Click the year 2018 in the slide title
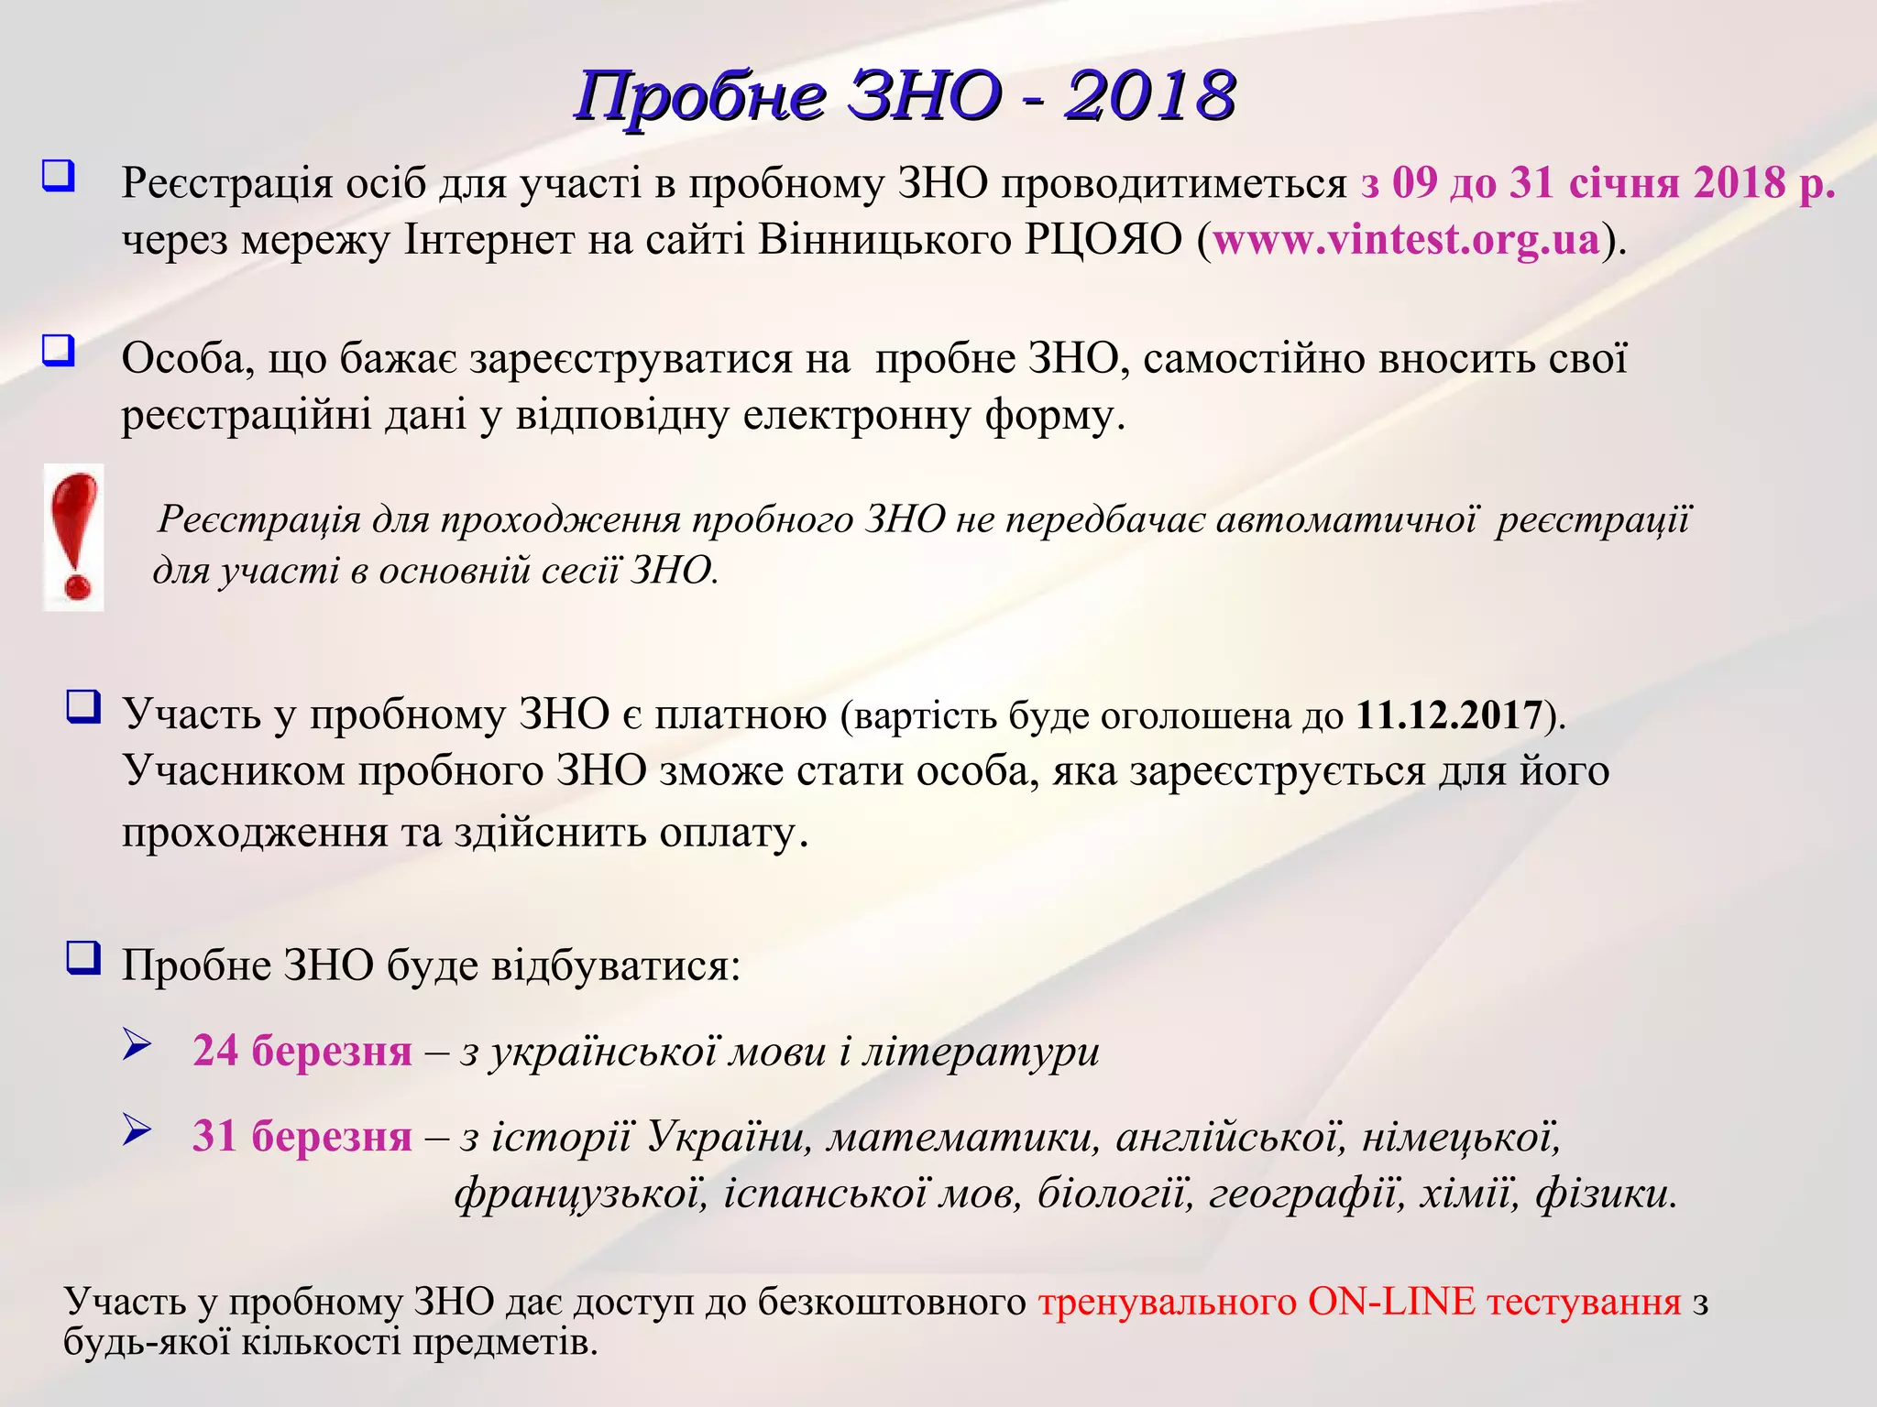(1149, 95)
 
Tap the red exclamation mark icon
(74, 536)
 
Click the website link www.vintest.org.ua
(1406, 240)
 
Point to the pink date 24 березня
(302, 1051)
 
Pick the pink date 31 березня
(302, 1136)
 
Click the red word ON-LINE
(1391, 1302)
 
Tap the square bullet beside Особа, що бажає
(59, 350)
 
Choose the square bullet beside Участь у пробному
(83, 707)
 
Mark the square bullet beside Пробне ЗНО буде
(83, 958)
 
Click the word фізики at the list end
(1606, 1194)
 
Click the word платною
(741, 714)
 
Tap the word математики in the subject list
(962, 1138)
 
